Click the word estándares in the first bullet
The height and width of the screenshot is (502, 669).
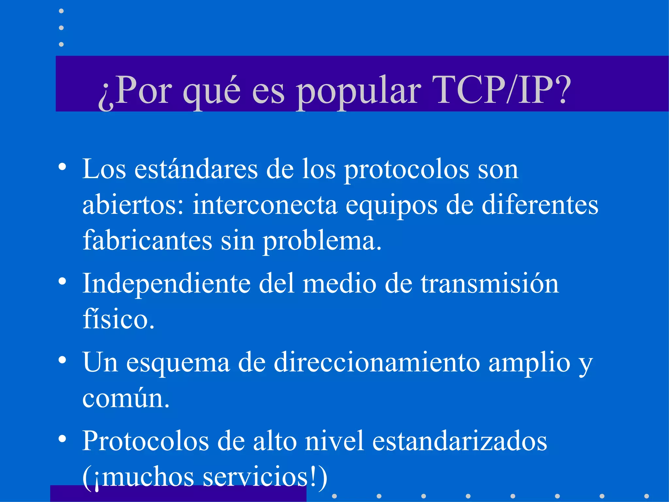click(x=196, y=169)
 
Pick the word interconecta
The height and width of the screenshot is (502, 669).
click(x=265, y=205)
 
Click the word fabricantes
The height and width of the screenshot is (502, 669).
click(x=147, y=241)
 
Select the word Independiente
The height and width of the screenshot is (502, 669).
click(x=166, y=284)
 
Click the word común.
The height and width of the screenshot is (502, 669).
click(x=126, y=398)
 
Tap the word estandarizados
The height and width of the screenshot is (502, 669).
click(x=460, y=441)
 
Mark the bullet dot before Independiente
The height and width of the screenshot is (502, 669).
click(x=62, y=281)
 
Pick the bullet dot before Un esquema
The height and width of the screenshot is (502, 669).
click(x=62, y=360)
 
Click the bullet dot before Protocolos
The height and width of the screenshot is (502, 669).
click(x=62, y=439)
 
